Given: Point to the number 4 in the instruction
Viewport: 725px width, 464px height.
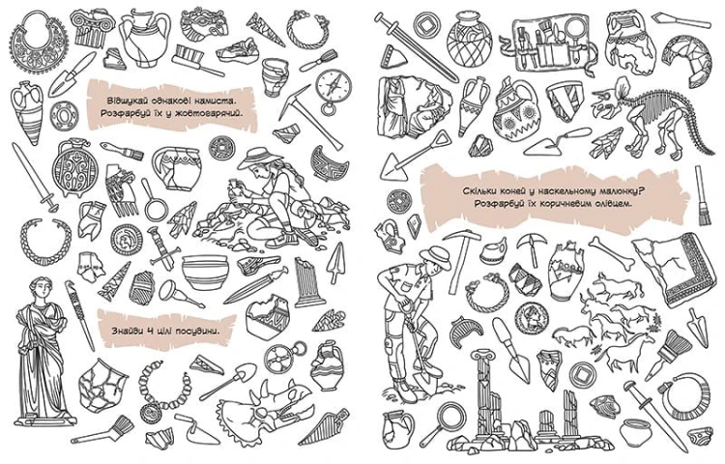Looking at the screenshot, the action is [150, 331].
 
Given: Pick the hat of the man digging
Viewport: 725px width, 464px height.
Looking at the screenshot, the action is [436, 256].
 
